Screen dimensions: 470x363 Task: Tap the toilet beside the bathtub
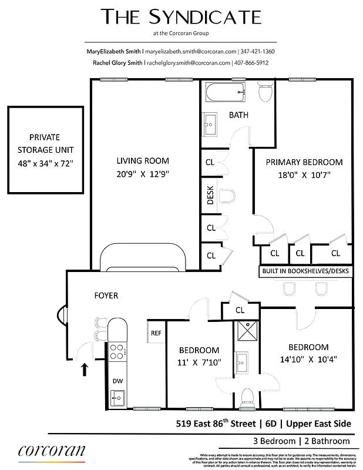pyautogui.click(x=265, y=92)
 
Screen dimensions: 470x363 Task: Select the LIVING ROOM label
pyautogui.click(x=142, y=161)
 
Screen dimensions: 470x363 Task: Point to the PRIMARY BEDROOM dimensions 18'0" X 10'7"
pyautogui.click(x=304, y=174)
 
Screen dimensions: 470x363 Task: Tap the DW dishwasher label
pyautogui.click(x=117, y=381)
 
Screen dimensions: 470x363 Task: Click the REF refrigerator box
pyautogui.click(x=156, y=333)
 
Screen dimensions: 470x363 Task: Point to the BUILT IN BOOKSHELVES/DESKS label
pyautogui.click(x=305, y=272)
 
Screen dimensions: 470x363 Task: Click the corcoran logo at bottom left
pyautogui.click(x=52, y=451)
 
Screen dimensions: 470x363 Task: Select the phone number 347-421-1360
pyautogui.click(x=255, y=52)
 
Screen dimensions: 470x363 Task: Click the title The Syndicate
pyautogui.click(x=180, y=17)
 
